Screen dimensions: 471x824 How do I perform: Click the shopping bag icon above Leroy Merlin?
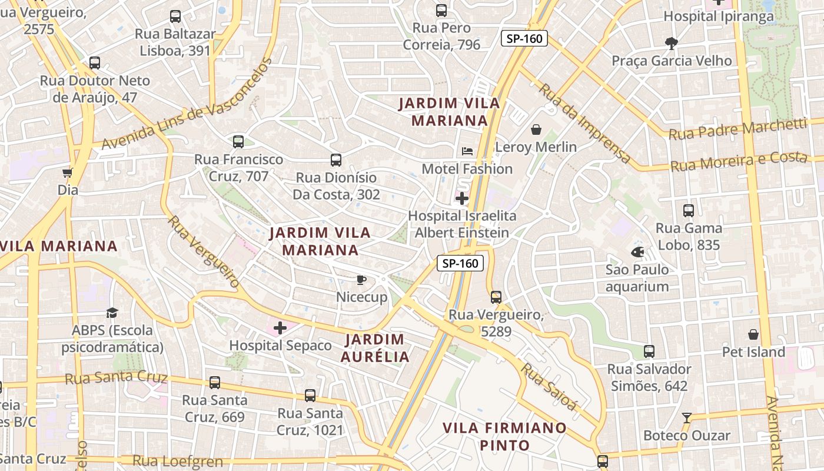536,130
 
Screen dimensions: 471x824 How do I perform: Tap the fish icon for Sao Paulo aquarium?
637,252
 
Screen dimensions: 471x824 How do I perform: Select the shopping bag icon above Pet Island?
753,335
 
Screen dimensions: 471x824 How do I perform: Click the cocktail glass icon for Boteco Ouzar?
686,418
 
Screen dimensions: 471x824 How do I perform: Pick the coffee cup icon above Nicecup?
361,280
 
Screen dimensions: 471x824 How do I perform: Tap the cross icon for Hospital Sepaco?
280,328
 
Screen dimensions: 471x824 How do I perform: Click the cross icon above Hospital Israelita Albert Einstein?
462,198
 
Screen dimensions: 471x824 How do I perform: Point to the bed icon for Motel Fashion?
467,151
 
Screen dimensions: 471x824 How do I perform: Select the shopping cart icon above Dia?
67,173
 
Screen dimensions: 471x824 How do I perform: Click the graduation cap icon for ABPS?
112,313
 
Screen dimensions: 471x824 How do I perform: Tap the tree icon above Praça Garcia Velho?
671,43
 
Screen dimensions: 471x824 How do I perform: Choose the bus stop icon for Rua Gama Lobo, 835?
688,210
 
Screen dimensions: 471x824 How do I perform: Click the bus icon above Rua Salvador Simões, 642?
649,351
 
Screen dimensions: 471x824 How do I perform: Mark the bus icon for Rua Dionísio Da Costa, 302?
335,160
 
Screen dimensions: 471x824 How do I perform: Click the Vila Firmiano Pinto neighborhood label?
505,436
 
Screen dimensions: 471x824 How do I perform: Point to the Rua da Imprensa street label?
585,124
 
